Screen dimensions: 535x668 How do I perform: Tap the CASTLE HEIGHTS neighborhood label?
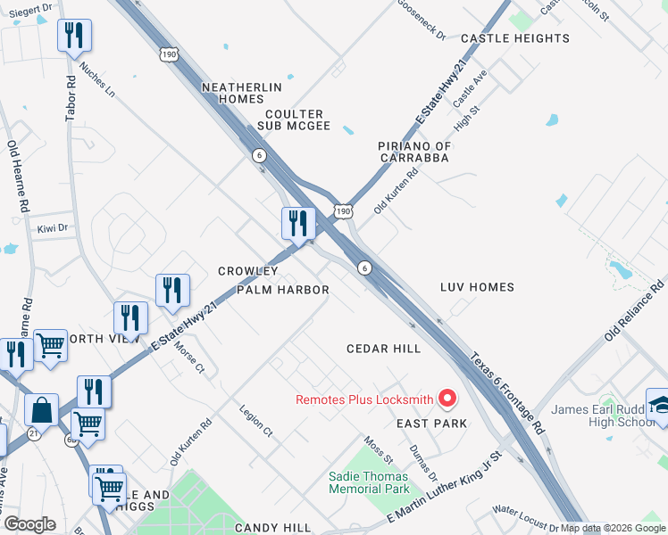click(514, 38)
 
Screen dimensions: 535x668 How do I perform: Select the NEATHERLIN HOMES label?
click(242, 93)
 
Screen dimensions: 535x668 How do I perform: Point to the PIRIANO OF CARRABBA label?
click(413, 152)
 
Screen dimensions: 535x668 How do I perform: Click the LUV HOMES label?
click(477, 287)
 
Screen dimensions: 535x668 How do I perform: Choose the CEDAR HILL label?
click(383, 349)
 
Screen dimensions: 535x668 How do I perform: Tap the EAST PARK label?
click(431, 424)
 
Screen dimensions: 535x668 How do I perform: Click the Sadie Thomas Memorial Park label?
click(369, 482)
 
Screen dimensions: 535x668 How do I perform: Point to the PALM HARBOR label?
click(283, 290)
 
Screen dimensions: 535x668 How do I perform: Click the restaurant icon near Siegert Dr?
click(72, 36)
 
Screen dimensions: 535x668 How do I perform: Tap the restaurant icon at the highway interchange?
click(297, 223)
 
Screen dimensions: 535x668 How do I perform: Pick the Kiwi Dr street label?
click(53, 229)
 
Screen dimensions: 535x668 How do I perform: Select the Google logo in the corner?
click(29, 524)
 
